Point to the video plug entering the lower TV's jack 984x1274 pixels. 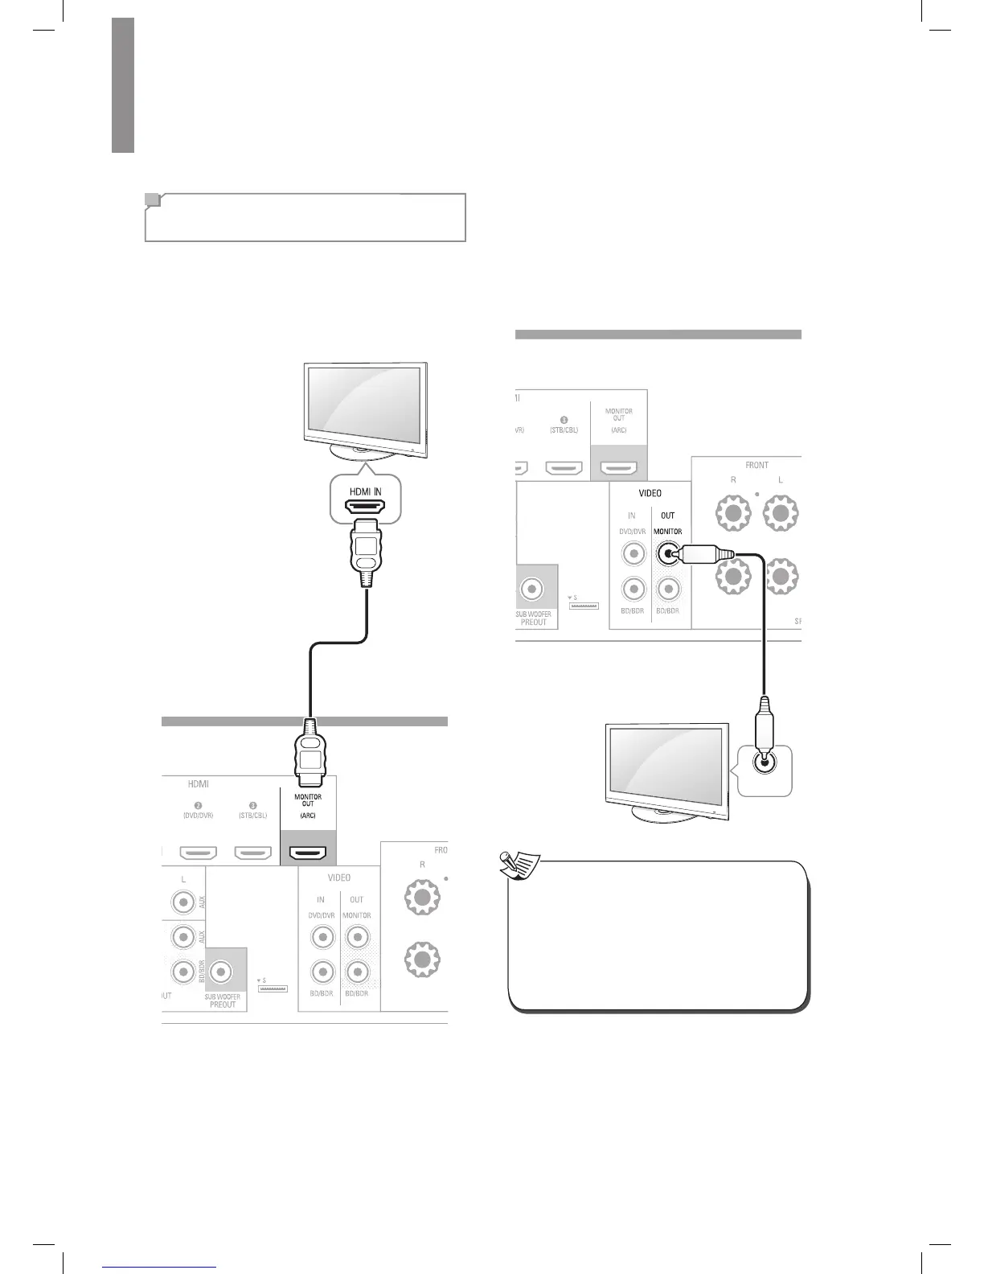tap(765, 725)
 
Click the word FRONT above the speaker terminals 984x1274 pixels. tap(756, 465)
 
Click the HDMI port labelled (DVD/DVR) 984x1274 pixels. tap(196, 852)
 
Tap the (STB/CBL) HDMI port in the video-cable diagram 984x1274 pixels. tap(564, 467)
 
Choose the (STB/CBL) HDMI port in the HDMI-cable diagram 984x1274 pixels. tap(252, 852)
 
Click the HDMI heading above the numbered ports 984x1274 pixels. tap(198, 783)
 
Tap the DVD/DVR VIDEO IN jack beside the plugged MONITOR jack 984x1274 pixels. tap(633, 553)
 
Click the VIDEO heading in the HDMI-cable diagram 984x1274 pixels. tap(338, 877)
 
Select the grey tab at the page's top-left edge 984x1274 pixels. tap(123, 84)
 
